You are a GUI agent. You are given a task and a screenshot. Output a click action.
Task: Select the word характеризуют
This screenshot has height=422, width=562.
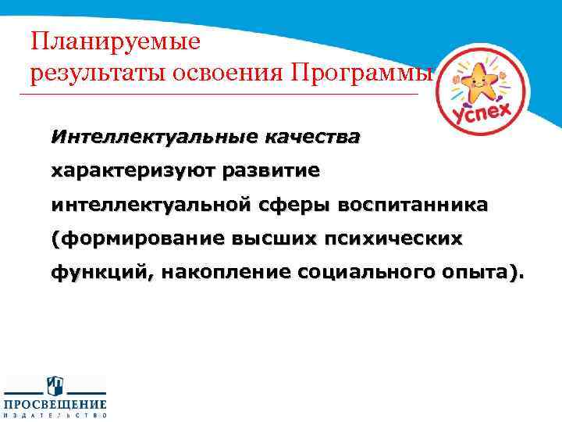pos(133,171)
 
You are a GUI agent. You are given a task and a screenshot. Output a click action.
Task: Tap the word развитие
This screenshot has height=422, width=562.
pos(272,171)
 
